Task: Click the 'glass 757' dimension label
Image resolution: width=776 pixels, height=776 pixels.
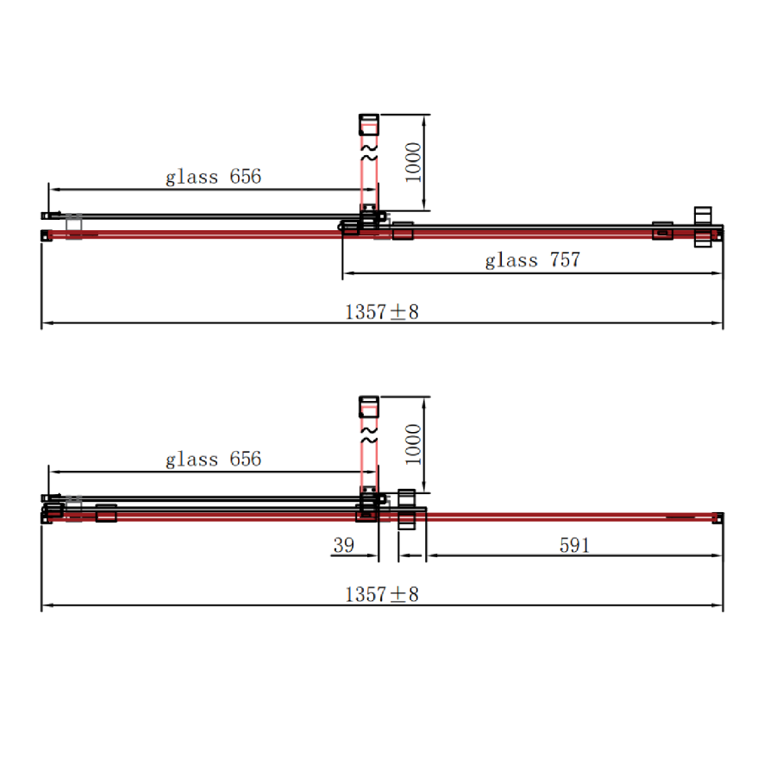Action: [532, 260]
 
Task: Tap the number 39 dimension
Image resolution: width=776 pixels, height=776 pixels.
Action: [343, 545]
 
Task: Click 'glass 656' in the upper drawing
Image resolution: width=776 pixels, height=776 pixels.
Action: [213, 177]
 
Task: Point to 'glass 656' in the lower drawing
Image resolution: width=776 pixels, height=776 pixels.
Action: [213, 459]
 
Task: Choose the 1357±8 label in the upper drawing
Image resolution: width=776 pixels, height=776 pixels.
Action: [381, 312]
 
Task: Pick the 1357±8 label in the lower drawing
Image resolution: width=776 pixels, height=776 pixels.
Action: [381, 594]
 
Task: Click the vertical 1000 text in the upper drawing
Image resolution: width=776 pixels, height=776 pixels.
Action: [413, 162]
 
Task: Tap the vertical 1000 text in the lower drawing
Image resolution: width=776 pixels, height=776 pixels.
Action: [413, 444]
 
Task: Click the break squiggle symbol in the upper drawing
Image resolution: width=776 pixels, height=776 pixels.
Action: [369, 156]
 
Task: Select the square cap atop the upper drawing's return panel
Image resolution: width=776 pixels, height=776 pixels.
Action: [369, 123]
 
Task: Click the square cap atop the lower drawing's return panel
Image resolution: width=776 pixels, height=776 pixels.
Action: [369, 404]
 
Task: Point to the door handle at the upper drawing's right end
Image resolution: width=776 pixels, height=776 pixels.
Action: [704, 226]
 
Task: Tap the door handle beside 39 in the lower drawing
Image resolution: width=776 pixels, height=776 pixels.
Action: [407, 508]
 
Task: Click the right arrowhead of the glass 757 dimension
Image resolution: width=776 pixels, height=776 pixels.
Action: [717, 274]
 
